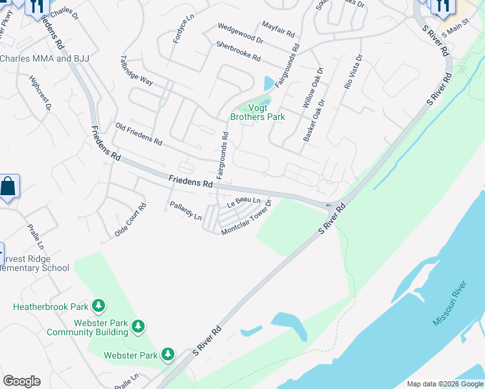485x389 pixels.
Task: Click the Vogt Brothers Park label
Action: (257, 113)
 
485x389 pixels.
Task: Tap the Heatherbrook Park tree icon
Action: (99, 305)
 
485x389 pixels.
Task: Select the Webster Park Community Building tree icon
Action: (137, 326)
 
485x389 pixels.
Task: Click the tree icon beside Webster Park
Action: (168, 353)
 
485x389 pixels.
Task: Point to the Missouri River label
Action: (450, 303)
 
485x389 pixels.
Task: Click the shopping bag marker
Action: (9, 187)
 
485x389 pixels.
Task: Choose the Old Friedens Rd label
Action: (138, 134)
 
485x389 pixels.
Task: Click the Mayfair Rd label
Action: (279, 29)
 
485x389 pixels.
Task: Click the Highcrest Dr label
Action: (40, 94)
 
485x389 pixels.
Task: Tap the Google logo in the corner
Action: (21, 381)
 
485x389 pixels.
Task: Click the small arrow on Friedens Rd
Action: (329, 206)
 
